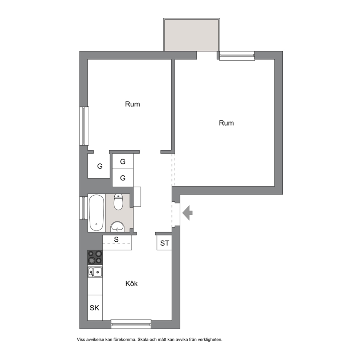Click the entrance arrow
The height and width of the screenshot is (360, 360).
tap(187, 213)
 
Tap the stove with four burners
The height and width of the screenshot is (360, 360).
tap(95, 257)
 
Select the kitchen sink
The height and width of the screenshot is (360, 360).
tap(95, 272)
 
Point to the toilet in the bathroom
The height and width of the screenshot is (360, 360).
tap(118, 202)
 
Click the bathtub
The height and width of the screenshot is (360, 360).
tap(97, 213)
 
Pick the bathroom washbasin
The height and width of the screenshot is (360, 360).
tap(117, 227)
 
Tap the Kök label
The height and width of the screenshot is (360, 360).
tap(131, 283)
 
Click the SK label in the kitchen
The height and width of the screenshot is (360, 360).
tap(94, 308)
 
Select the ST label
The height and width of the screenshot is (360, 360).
tap(165, 243)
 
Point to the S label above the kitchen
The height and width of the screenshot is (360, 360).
tap(116, 240)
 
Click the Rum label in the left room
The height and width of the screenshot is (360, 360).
tap(132, 104)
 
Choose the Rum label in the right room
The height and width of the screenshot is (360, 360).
tap(226, 123)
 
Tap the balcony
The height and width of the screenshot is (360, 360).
tap(192, 35)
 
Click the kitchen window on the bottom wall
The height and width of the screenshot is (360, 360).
tap(131, 324)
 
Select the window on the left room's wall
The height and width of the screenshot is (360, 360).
tap(84, 126)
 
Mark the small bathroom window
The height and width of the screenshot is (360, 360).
tap(83, 208)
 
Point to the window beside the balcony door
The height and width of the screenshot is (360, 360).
tap(237, 56)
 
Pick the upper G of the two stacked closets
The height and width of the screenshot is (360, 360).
tap(123, 161)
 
